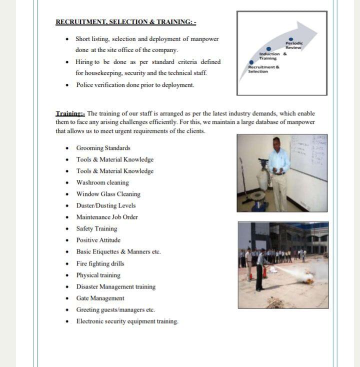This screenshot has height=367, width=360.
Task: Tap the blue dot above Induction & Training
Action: coord(268,49)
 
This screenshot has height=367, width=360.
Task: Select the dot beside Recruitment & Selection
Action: coord(251,62)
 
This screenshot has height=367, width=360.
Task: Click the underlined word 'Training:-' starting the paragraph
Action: coord(70,113)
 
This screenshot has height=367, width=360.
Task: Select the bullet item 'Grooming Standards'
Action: coord(103,148)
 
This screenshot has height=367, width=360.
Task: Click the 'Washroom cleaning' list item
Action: coord(102,182)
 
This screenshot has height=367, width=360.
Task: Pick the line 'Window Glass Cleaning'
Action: coord(108,194)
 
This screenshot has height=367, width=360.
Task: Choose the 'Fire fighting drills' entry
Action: coord(100,263)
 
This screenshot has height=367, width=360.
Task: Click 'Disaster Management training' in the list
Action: coord(115,286)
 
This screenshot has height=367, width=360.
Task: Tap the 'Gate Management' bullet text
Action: coord(100,298)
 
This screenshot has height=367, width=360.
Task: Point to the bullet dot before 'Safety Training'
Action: coord(67,229)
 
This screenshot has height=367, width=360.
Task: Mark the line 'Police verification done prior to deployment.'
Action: coord(135,85)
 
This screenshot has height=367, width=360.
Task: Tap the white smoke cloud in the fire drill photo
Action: coord(304,276)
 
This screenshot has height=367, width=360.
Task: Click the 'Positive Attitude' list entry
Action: coord(98,240)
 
